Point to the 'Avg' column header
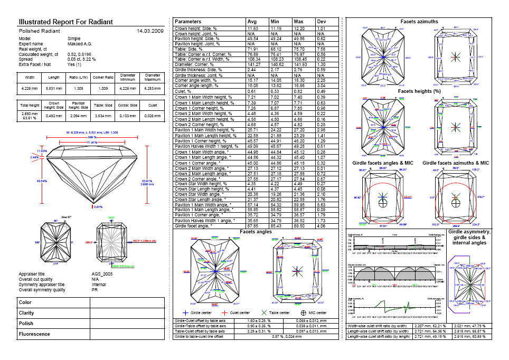pyautogui.click(x=252, y=21)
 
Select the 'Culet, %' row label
pyautogui.click(x=184, y=91)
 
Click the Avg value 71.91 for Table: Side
pyautogui.click(x=253, y=48)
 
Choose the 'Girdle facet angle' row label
pyautogui.click(x=196, y=226)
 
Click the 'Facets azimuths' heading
pyautogui.click(x=419, y=22)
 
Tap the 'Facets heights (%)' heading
pyautogui.click(x=419, y=91)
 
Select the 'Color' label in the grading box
pyautogui.click(x=25, y=302)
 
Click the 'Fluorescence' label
pyautogui.click(x=34, y=334)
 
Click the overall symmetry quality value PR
pyautogui.click(x=95, y=290)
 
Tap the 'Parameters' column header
pyautogui.click(x=187, y=21)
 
